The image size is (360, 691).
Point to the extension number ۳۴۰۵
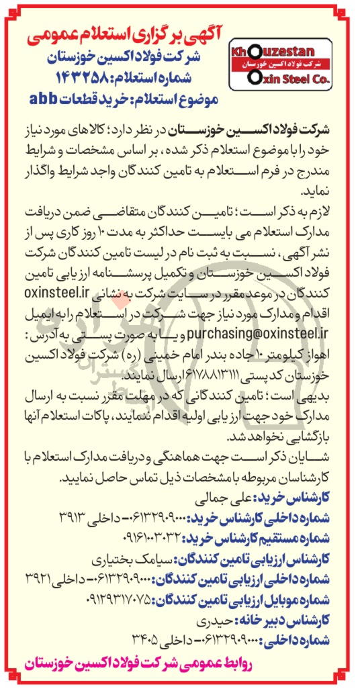point(98,635)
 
